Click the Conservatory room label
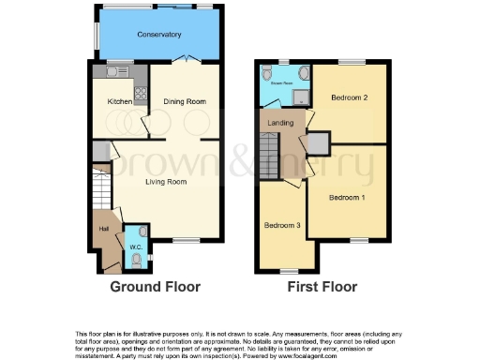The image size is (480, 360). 158,36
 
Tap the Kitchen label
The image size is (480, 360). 118,101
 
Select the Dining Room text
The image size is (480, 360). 185,101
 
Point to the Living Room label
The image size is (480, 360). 165,182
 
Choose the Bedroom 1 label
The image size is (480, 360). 347,197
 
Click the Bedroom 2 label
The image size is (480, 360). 348,97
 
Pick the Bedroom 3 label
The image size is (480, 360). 282,226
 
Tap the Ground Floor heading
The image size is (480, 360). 156,287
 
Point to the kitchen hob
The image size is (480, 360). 141,93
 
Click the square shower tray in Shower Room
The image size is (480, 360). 301,97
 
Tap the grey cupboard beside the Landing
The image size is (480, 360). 320,142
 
